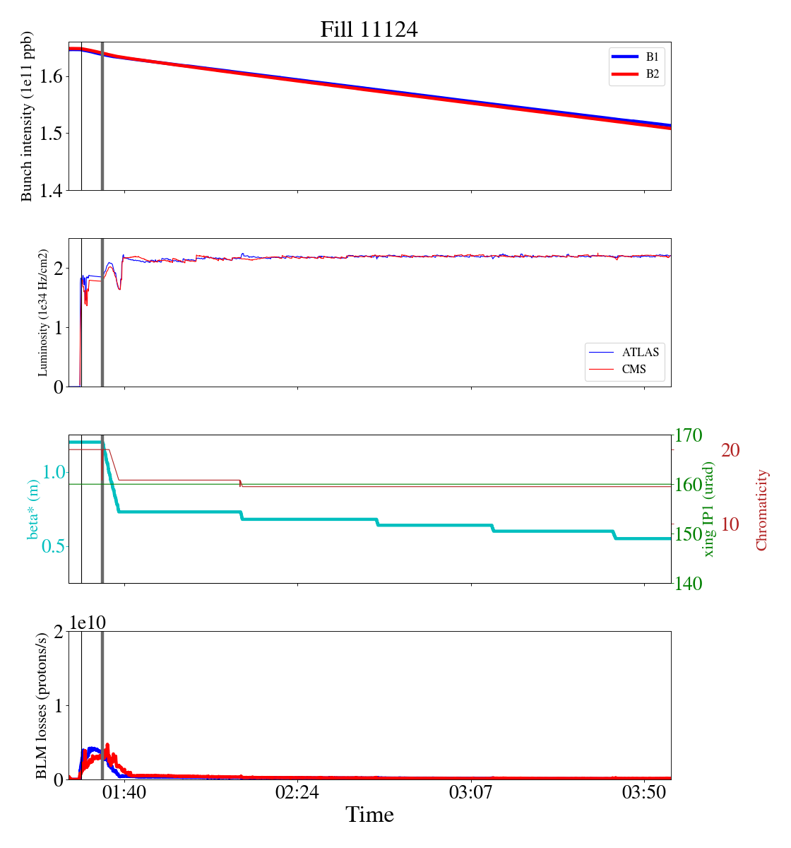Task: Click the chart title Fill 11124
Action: [x=369, y=30]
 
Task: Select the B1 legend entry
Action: [x=652, y=57]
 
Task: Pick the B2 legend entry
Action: [x=652, y=73]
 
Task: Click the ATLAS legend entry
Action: [x=640, y=352]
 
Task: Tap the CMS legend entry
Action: [x=634, y=369]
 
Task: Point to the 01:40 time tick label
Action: [x=124, y=792]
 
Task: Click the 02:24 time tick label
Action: [x=297, y=792]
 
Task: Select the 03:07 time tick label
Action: [x=471, y=792]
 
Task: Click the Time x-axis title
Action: [x=369, y=815]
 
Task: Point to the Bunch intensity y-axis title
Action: [x=28, y=117]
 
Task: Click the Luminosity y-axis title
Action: [x=43, y=312]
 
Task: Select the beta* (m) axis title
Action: [x=33, y=510]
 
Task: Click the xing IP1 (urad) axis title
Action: [x=709, y=509]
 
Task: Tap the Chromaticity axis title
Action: [x=761, y=510]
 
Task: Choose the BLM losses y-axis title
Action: [x=43, y=705]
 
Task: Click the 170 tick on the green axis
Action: [x=689, y=435]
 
